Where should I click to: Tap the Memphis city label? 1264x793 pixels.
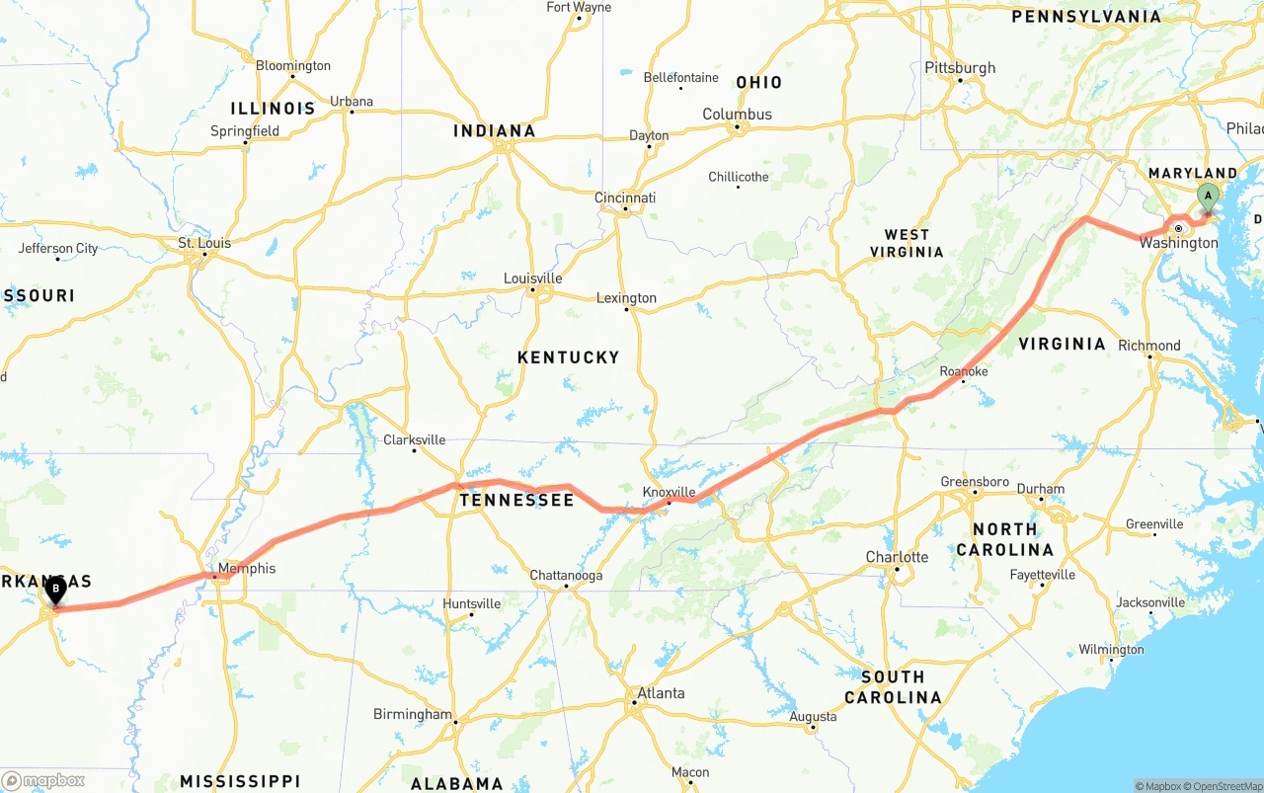pyautogui.click(x=247, y=569)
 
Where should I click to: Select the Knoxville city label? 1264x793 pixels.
pyautogui.click(x=669, y=492)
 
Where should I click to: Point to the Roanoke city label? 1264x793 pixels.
pyautogui.click(x=963, y=371)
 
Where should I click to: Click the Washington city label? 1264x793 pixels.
pyautogui.click(x=1178, y=243)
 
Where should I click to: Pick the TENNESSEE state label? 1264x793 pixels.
pyautogui.click(x=515, y=501)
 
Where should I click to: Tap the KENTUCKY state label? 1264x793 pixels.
pyautogui.click(x=568, y=357)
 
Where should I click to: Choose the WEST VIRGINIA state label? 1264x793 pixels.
pyautogui.click(x=907, y=243)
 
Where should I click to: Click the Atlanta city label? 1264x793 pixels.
pyautogui.click(x=660, y=693)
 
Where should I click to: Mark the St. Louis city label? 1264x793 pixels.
pyautogui.click(x=204, y=243)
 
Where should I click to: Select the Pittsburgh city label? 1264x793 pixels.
pyautogui.click(x=960, y=68)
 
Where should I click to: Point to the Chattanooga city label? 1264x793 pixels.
pyautogui.click(x=565, y=576)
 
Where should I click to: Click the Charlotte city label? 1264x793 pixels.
pyautogui.click(x=897, y=557)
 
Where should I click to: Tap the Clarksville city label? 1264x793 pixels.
pyautogui.click(x=414, y=440)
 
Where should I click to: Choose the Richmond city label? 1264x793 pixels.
pyautogui.click(x=1148, y=346)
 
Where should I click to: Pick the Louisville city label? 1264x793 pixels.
pyautogui.click(x=532, y=278)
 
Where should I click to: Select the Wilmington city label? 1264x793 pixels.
pyautogui.click(x=1111, y=650)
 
